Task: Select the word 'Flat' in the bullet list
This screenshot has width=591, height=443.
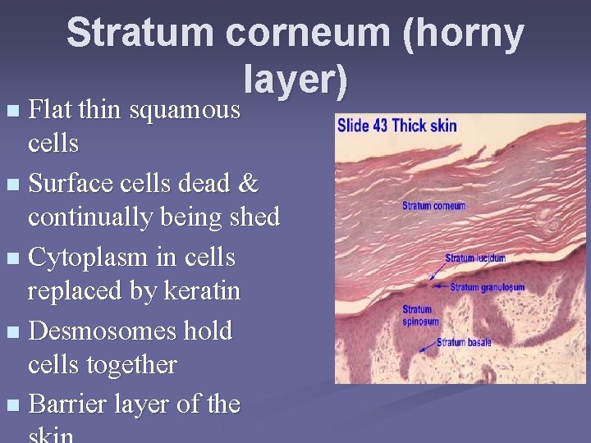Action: pyautogui.click(x=52, y=110)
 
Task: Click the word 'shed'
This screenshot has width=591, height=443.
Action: pyautogui.click(x=252, y=217)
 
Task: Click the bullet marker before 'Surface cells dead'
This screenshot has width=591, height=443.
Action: pyautogui.click(x=10, y=184)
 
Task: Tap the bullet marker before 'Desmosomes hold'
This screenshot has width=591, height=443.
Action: pyautogui.click(x=10, y=331)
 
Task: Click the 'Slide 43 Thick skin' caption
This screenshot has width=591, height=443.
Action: pyautogui.click(x=397, y=126)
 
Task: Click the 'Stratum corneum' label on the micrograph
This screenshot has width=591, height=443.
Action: pyautogui.click(x=433, y=205)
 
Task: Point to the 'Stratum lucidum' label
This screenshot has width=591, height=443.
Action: pyautogui.click(x=475, y=258)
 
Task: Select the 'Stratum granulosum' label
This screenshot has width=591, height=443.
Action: pyautogui.click(x=488, y=287)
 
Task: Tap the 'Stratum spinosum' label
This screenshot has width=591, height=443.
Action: pyautogui.click(x=420, y=316)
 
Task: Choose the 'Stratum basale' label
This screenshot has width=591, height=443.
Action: pyautogui.click(x=464, y=342)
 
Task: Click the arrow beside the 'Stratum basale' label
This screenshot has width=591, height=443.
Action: pyautogui.click(x=426, y=347)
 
